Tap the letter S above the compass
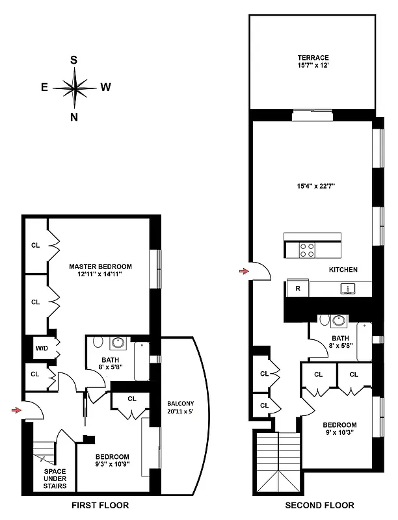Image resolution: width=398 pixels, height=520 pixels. tap(74, 60)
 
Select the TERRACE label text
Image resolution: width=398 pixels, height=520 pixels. tap(313, 58)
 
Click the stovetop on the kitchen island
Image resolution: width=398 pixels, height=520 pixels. tap(306, 249)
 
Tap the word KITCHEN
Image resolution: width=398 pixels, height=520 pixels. tap(343, 270)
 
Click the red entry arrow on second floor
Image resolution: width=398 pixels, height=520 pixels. tap(244, 270)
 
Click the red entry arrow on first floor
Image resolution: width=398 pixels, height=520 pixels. tap(16, 409)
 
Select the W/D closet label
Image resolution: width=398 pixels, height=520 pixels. tap(40, 348)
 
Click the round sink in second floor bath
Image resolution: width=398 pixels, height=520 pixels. tap(338, 320)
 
